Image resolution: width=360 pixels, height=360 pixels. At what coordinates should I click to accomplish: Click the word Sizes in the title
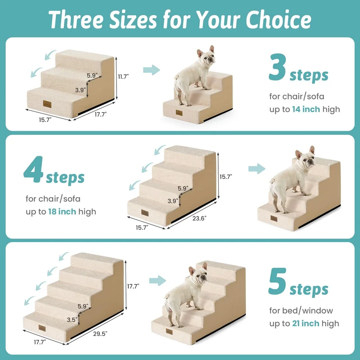[133, 20]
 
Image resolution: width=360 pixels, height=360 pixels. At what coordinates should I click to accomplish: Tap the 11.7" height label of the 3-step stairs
[123, 76]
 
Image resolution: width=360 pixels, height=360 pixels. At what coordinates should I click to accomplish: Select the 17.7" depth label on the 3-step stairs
[100, 114]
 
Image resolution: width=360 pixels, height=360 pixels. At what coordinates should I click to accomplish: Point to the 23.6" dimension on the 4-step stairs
[199, 218]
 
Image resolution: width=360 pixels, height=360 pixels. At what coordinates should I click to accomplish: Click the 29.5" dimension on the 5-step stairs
[100, 333]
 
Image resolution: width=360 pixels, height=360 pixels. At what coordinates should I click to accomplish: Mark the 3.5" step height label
[72, 319]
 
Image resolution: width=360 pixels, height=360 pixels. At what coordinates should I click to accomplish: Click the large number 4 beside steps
[33, 170]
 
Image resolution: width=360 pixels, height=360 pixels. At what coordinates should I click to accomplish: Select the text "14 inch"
[306, 109]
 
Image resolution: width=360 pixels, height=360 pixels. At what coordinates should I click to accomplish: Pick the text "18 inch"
[62, 211]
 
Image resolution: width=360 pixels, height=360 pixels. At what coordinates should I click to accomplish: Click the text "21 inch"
[306, 324]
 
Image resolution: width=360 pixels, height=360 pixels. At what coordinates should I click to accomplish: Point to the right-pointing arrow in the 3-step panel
[152, 70]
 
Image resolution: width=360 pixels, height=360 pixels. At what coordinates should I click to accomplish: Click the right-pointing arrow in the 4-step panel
[256, 169]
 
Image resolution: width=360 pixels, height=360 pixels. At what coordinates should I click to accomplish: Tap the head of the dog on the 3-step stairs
[206, 57]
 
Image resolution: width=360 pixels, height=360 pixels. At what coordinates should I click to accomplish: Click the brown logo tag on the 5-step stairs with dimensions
[42, 328]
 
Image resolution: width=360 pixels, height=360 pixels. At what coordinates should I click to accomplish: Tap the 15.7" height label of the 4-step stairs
[226, 177]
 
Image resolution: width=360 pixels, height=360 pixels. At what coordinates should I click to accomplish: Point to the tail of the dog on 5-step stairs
[166, 296]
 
